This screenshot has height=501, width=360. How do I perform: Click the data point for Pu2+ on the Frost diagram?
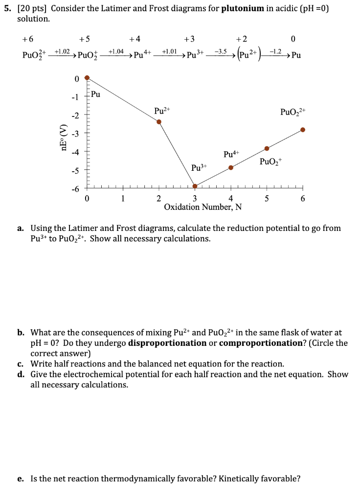click(x=159, y=122)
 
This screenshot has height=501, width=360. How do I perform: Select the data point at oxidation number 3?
click(x=195, y=186)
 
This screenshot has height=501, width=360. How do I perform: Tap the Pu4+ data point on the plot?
click(x=231, y=168)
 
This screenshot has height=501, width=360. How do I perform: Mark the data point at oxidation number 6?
click(x=303, y=130)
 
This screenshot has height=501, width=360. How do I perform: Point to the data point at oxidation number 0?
click(x=87, y=77)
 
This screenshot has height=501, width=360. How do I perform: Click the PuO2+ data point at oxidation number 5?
click(x=267, y=148)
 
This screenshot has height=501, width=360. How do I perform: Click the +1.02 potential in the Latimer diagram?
click(x=62, y=51)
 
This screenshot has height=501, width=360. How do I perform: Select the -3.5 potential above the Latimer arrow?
click(x=222, y=51)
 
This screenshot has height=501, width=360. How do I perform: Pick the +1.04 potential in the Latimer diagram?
click(x=115, y=51)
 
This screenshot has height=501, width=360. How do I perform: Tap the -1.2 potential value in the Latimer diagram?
click(x=277, y=51)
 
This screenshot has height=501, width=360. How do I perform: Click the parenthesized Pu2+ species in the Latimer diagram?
click(x=253, y=55)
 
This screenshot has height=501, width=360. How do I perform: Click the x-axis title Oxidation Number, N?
click(x=202, y=207)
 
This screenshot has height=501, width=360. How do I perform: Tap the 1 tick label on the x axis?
click(x=123, y=198)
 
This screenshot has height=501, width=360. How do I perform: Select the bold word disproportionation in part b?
click(x=167, y=342)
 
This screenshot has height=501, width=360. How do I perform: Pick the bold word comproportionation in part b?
click(x=260, y=342)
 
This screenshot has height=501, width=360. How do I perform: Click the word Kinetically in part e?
click(x=184, y=478)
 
